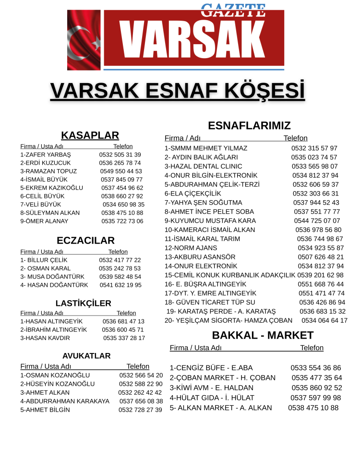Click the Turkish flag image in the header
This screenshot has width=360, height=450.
(x=84, y=40)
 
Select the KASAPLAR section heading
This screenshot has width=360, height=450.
(x=90, y=135)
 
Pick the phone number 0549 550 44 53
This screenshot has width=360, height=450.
(x=121, y=171)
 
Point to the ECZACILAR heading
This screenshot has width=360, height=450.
(x=85, y=241)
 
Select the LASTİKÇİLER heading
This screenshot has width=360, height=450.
(x=83, y=303)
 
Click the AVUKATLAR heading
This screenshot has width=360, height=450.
(x=86, y=356)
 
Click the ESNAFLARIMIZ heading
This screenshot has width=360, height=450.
(x=249, y=126)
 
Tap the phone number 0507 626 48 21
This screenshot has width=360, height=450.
(x=321, y=257)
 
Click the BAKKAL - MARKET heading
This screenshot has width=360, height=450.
(x=256, y=335)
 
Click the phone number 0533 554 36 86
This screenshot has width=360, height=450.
(x=315, y=368)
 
